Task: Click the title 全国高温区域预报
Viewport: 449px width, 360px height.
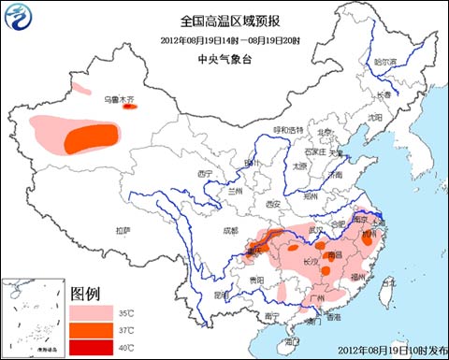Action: (224, 19)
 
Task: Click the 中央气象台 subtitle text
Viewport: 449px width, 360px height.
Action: (224, 58)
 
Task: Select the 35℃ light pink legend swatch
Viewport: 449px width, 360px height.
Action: (87, 310)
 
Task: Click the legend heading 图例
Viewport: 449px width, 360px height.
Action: (87, 291)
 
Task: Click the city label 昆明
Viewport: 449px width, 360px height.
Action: (221, 294)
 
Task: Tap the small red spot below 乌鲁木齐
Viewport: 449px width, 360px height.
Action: (129, 107)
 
